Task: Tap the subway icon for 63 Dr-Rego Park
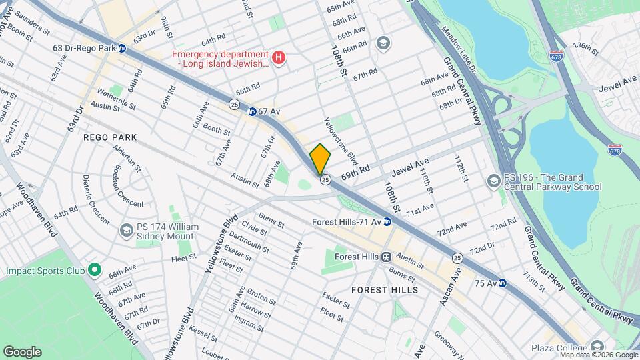(x=121, y=48)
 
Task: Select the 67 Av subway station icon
(x=252, y=111)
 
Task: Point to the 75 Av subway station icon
(x=503, y=283)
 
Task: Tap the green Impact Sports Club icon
(x=95, y=271)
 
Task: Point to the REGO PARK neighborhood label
(x=110, y=137)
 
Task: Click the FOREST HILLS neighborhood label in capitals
(x=385, y=290)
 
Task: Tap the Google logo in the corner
(x=22, y=352)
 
